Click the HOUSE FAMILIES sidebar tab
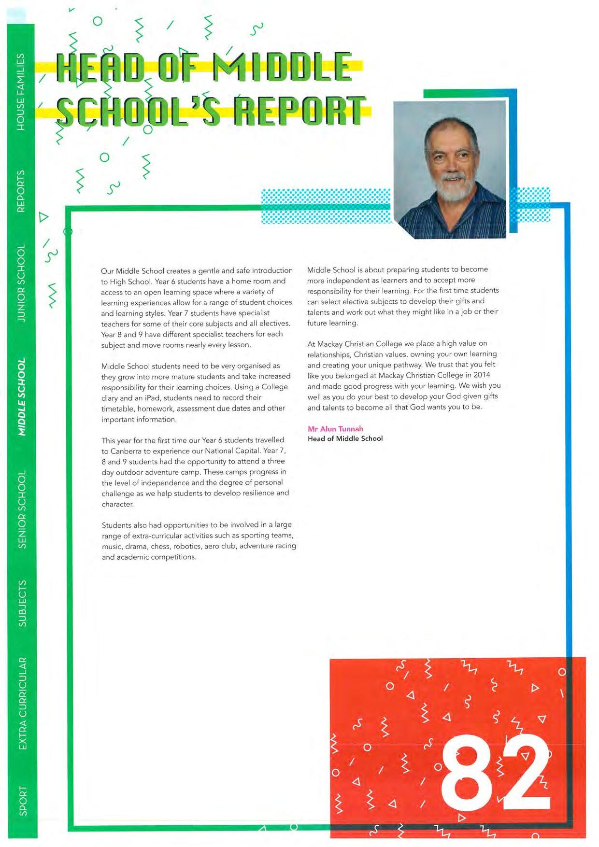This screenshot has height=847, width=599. point(20,91)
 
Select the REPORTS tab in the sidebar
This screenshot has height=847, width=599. point(20,191)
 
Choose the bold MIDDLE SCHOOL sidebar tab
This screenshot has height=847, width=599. point(21,397)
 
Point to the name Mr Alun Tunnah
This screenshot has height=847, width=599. point(335,429)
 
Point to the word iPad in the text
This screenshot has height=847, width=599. point(152,398)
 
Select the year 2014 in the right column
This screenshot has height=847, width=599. point(482,375)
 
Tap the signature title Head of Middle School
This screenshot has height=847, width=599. point(345,438)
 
